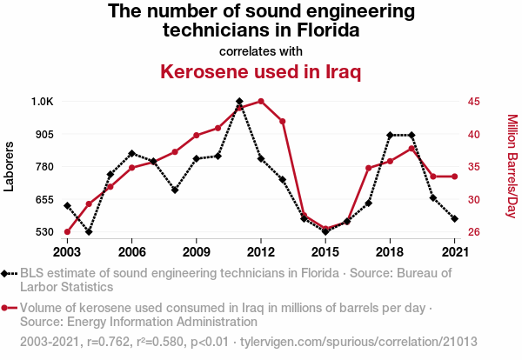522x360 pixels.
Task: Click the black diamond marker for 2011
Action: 239,102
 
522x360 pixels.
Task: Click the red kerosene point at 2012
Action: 261,102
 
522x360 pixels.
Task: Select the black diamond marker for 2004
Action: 89,232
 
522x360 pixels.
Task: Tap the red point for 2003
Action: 67,232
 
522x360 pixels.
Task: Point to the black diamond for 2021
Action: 454,218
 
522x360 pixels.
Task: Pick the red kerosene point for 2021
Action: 454,177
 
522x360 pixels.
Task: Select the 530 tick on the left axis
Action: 43,232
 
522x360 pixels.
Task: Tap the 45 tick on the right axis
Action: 474,102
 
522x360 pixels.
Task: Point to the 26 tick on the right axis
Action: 474,232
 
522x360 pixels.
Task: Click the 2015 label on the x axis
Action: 325,252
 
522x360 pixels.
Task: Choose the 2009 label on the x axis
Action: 197,252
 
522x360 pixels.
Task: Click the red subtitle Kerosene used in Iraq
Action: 260,71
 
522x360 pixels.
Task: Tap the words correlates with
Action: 260,50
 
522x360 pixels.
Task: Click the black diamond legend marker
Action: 7,273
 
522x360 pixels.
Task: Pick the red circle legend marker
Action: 7,308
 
